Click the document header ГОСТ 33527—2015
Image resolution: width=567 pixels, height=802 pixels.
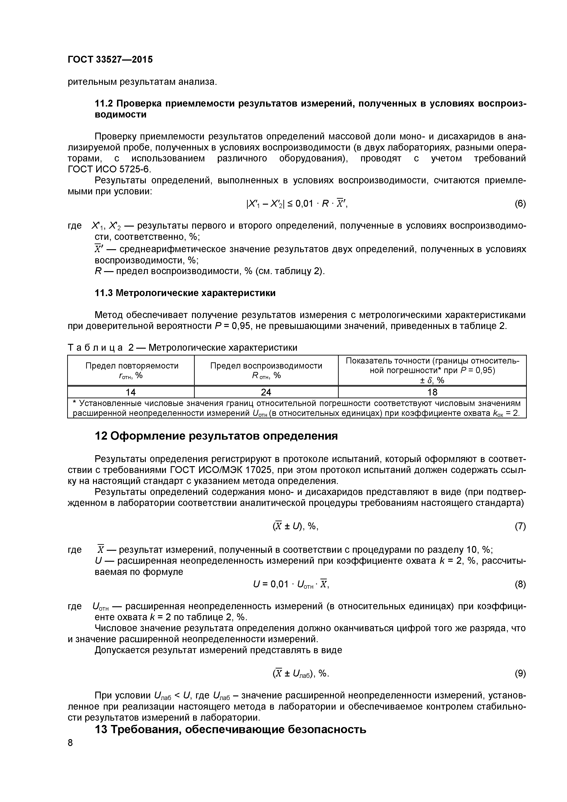coord(110,60)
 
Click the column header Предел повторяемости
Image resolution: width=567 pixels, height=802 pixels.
coord(132,366)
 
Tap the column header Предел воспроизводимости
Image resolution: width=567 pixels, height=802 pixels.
coord(266,366)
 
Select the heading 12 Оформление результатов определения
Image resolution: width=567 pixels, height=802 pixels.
coord(216,436)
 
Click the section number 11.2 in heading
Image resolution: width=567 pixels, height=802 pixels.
coord(104,104)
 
